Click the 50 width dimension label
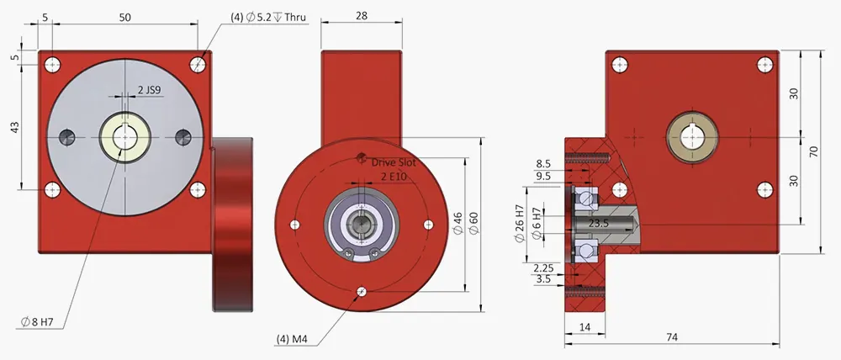tap(125, 17)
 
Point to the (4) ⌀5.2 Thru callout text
tap(268, 17)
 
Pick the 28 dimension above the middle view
tap(362, 17)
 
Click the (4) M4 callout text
tap(291, 339)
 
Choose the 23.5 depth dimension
tap(598, 225)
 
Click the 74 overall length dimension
tap(672, 337)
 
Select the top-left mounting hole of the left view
tap(53, 64)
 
